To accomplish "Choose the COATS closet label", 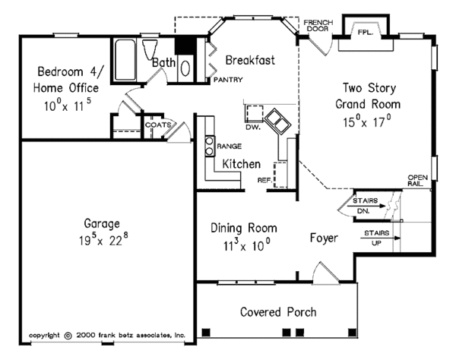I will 157,125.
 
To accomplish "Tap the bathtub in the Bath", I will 125,57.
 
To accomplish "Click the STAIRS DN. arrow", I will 369,206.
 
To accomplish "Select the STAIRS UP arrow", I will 378,238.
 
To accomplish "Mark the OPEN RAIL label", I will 418,179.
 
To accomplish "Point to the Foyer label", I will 324,238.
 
